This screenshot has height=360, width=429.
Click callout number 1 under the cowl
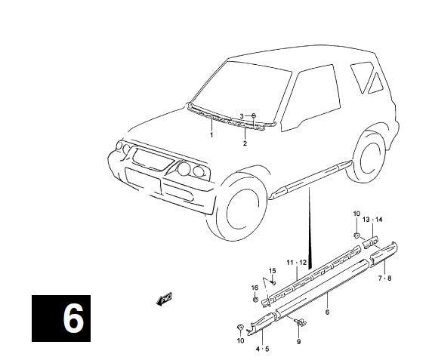pyautogui.click(x=211, y=135)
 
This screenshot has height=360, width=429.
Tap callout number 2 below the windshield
pyautogui.click(x=245, y=143)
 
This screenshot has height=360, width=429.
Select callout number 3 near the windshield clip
pyautogui.click(x=242, y=116)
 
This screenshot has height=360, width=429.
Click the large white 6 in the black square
pyautogui.click(x=73, y=318)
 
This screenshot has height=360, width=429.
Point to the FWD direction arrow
pyautogui.click(x=164, y=299)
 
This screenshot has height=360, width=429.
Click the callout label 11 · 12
pyautogui.click(x=297, y=263)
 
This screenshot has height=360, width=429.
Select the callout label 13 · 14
pyautogui.click(x=372, y=220)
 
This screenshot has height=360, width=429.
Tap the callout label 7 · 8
pyautogui.click(x=384, y=278)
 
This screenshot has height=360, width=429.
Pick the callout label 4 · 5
pyautogui.click(x=262, y=349)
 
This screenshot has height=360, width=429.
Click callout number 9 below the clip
pyautogui.click(x=298, y=341)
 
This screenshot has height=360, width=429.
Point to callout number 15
pyautogui.click(x=272, y=271)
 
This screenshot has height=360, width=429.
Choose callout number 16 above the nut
pyautogui.click(x=255, y=288)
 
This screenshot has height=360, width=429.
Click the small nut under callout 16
pyautogui.click(x=255, y=300)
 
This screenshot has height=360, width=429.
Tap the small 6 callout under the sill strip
pyautogui.click(x=327, y=312)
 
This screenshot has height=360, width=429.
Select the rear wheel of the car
pyautogui.click(x=367, y=157)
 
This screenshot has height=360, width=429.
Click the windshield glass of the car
pyautogui.click(x=242, y=94)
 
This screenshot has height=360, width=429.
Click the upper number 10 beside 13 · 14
pyautogui.click(x=356, y=214)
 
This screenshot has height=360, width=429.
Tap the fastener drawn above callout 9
pyautogui.click(x=300, y=323)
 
